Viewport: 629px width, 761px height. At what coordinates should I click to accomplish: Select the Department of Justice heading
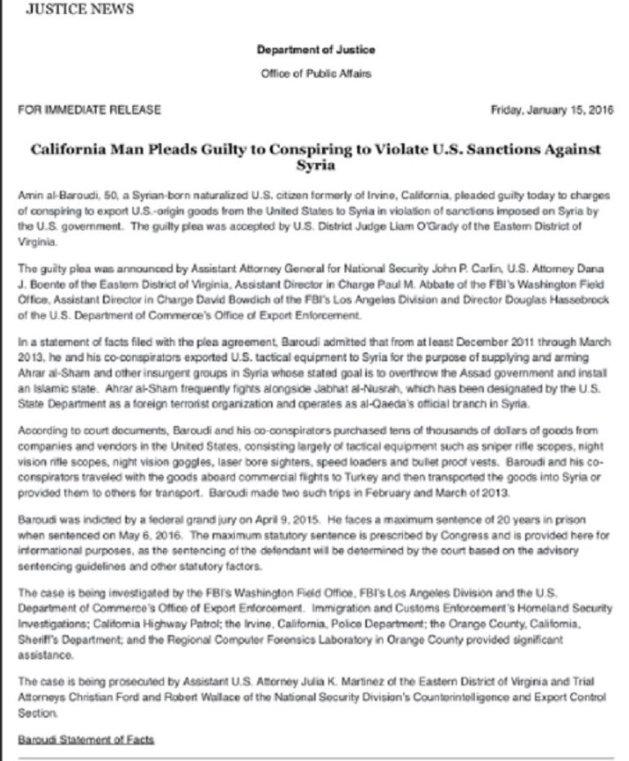315,50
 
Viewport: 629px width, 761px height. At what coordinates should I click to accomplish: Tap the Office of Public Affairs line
315,74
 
